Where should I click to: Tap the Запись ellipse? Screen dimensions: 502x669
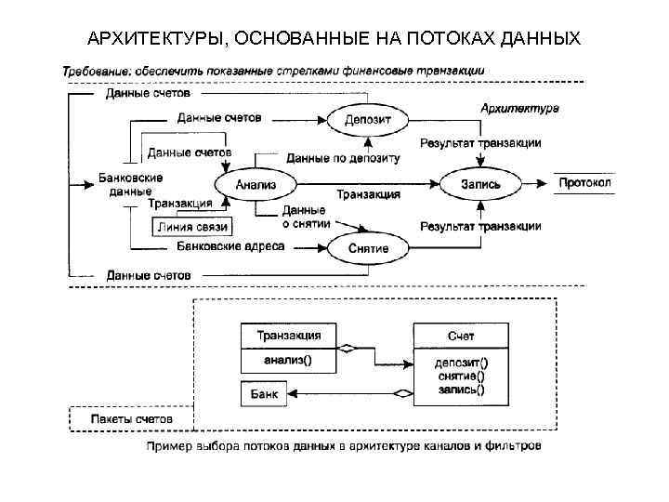coord(480,184)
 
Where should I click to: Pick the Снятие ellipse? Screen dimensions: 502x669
coord(368,248)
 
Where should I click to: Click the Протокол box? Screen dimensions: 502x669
coord(584,183)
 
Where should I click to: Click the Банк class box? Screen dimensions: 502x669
coord(264,393)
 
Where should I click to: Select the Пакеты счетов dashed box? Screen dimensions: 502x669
coord(131,419)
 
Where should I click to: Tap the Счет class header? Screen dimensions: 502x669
coord(461,335)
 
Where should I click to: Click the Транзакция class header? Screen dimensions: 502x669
coord(289,335)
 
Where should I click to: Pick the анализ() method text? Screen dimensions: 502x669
coord(289,358)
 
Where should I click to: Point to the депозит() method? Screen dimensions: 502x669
coord(461,362)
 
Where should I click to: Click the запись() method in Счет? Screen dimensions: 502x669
coord(461,390)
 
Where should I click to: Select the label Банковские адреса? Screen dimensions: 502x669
coord(230,246)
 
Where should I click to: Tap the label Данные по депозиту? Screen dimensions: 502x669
coord(343,158)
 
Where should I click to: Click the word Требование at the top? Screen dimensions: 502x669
coord(96,70)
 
